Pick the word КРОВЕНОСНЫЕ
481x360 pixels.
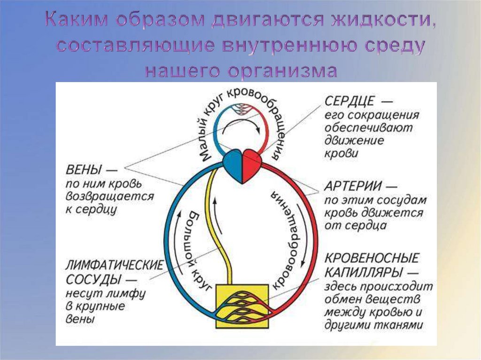(x=372, y=259)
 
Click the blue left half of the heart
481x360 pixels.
(x=233, y=165)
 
